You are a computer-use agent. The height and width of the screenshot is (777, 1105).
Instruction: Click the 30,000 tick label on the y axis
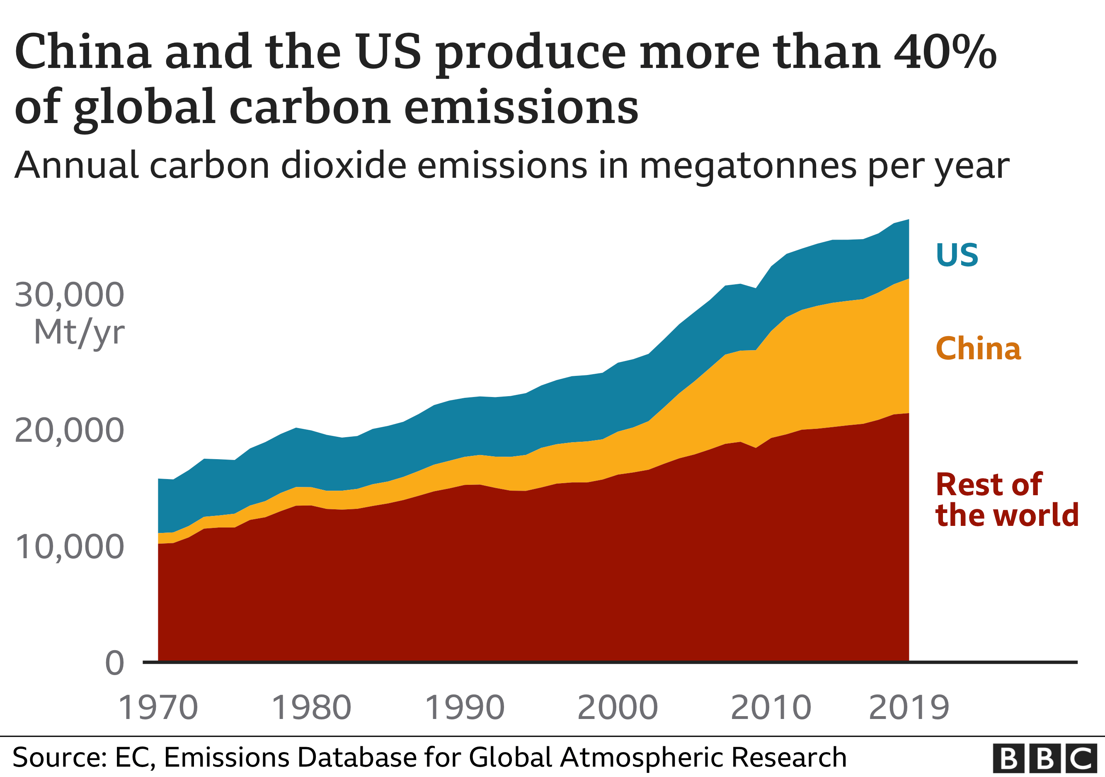pos(69,295)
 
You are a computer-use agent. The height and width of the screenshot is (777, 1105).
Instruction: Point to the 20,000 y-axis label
pos(69,430)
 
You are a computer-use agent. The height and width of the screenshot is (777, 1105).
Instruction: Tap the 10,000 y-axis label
pos(69,547)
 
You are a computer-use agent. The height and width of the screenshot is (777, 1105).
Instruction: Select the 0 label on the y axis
pos(114,663)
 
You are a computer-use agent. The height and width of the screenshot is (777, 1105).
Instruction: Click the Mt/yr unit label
pos(80,332)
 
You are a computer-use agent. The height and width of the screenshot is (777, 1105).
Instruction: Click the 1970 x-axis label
pos(158,708)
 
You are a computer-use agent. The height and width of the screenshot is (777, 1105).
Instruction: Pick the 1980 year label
pos(311,708)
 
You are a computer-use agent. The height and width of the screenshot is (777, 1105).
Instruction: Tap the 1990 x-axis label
pos(465,708)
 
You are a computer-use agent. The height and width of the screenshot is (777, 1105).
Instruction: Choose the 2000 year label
pos(618,708)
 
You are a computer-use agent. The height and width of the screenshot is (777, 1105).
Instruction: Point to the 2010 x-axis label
pos(771,708)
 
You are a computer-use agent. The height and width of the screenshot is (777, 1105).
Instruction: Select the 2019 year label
pos(909,708)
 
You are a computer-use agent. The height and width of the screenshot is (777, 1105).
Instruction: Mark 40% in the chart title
pos(945,52)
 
